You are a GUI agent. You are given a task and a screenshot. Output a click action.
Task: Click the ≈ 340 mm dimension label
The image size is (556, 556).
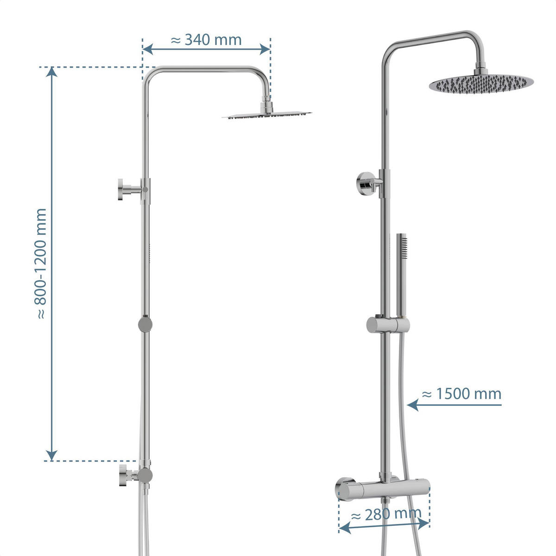[x=206, y=40]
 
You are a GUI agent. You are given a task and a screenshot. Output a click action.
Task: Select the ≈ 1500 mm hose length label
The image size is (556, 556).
[x=462, y=394]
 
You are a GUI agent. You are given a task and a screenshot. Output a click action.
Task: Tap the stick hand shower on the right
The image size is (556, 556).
[x=402, y=273]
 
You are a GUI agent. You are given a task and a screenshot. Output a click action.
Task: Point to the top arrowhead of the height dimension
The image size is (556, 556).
[x=52, y=72]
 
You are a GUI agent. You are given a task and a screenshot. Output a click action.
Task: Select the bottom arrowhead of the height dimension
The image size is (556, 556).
[x=52, y=455]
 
